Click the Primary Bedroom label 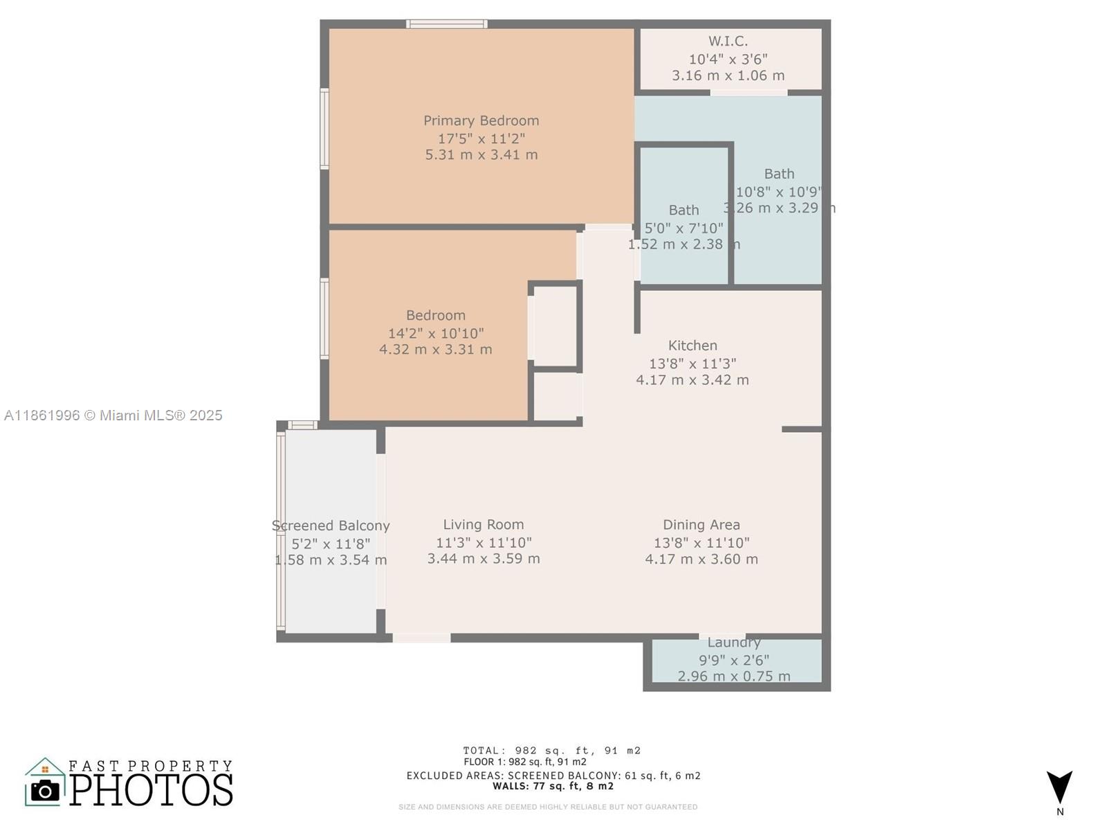coord(481,120)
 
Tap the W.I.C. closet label coord(728,42)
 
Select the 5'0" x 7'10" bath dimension coord(684,228)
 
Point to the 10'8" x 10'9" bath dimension coord(779,192)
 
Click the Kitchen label coord(693,346)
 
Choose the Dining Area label coord(702,525)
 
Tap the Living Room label coord(483,525)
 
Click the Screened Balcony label coord(331,526)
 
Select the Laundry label coord(733,643)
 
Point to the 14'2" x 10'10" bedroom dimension coord(435,333)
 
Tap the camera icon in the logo coord(46,790)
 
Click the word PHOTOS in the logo coord(151,790)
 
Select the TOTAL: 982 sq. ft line coord(552,751)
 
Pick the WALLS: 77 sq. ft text coord(553,786)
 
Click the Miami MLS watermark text coord(113,415)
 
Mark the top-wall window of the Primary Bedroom coord(446,24)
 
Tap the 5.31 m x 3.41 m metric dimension coord(481,154)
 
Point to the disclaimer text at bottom coord(548,807)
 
